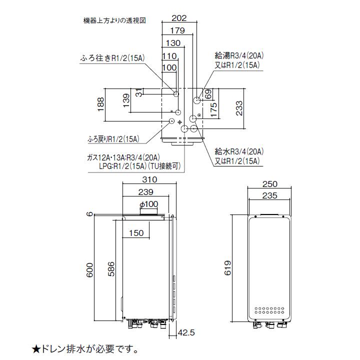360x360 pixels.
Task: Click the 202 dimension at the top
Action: click(x=178, y=18)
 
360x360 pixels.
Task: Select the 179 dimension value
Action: click(x=177, y=31)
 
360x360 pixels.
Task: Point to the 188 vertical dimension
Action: click(x=100, y=104)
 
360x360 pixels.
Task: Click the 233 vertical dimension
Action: click(x=239, y=108)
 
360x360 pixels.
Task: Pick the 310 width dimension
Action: click(x=149, y=179)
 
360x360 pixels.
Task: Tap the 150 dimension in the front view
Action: click(x=135, y=233)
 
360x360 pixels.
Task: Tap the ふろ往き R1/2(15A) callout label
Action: click(x=112, y=58)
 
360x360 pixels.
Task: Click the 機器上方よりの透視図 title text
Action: click(x=114, y=21)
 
